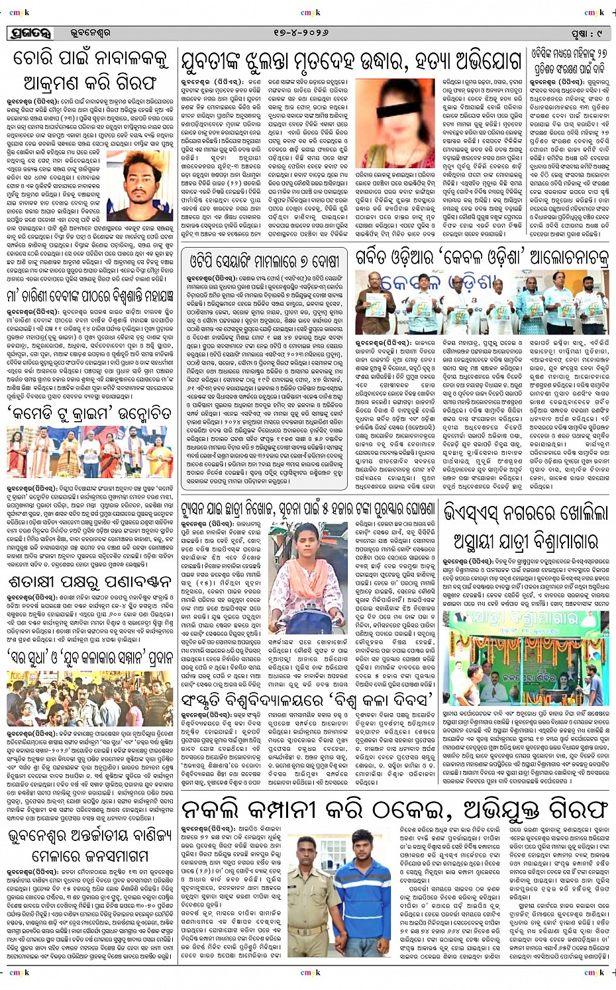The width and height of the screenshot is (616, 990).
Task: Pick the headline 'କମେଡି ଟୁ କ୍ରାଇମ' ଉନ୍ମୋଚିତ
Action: [89, 413]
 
